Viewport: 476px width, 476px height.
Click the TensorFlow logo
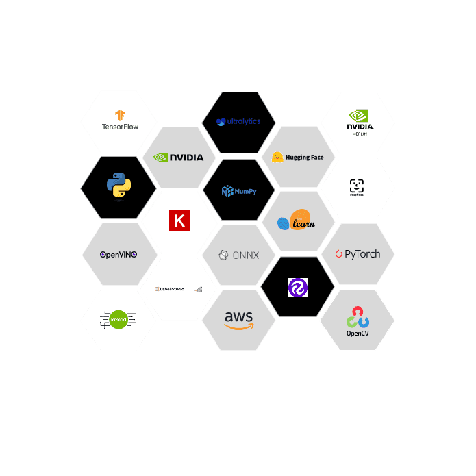(120, 121)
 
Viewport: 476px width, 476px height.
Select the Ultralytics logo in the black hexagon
(238, 122)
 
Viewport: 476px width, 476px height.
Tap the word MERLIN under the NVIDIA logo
(360, 134)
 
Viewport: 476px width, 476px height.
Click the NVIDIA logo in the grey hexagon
(179, 157)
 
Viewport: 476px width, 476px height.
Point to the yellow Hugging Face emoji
(277, 158)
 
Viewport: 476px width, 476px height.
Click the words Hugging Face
(304, 158)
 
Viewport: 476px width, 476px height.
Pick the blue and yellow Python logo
(118, 185)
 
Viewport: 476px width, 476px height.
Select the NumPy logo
(238, 191)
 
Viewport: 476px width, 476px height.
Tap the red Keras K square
(179, 221)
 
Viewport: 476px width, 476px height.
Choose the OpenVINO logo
(118, 254)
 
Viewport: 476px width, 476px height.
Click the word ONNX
(246, 255)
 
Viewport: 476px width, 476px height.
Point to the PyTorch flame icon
(338, 254)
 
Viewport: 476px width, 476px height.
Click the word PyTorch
(362, 254)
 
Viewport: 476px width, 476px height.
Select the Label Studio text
(172, 289)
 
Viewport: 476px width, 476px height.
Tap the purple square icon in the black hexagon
(298, 288)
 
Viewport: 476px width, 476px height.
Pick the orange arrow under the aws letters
(238, 327)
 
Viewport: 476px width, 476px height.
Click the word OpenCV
(358, 334)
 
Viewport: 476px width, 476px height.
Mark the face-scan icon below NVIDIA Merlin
(357, 186)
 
